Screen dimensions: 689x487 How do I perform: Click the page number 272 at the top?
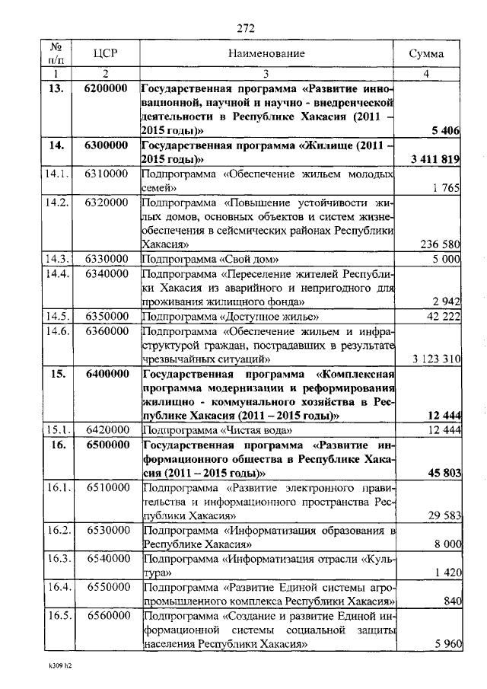coord(244,28)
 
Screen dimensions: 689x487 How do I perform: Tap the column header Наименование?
coord(266,53)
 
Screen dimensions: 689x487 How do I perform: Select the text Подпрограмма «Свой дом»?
coord(205,259)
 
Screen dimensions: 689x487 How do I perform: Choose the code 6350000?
coord(105,315)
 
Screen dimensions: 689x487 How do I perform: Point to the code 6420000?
coord(105,430)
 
